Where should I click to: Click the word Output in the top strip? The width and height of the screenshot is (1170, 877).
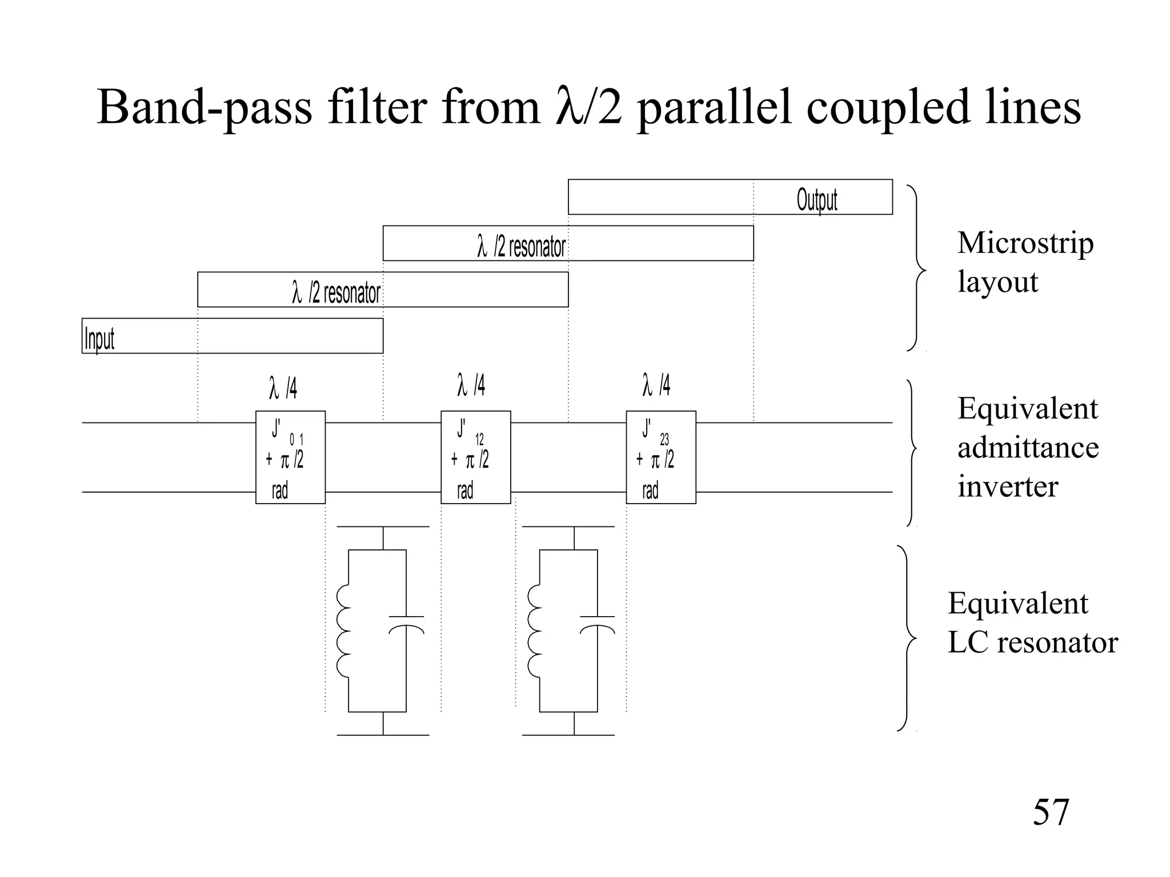click(x=816, y=200)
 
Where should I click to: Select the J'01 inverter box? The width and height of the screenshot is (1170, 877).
click(x=290, y=457)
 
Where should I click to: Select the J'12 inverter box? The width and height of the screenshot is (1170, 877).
click(x=475, y=457)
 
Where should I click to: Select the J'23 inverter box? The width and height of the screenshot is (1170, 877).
click(x=660, y=457)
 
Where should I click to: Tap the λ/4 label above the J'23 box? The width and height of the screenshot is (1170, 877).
click(x=656, y=385)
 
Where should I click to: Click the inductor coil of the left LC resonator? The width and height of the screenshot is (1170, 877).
click(x=344, y=631)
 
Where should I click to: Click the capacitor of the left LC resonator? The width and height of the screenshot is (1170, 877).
click(x=406, y=624)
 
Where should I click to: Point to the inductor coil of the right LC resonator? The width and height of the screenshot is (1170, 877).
click(x=535, y=631)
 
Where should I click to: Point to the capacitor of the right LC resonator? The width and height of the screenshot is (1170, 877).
click(x=597, y=624)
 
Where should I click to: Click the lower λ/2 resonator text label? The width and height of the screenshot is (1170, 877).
click(x=336, y=293)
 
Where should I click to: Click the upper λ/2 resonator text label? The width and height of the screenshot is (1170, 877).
click(x=521, y=247)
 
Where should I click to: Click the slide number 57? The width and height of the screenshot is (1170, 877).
click(x=1050, y=812)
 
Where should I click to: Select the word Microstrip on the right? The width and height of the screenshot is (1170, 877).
click(x=1025, y=243)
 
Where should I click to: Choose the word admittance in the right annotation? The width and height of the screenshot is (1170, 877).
click(x=1028, y=448)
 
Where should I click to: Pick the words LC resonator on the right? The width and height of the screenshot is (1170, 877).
click(x=1032, y=643)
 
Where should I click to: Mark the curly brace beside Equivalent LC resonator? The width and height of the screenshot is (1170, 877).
click(x=907, y=638)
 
